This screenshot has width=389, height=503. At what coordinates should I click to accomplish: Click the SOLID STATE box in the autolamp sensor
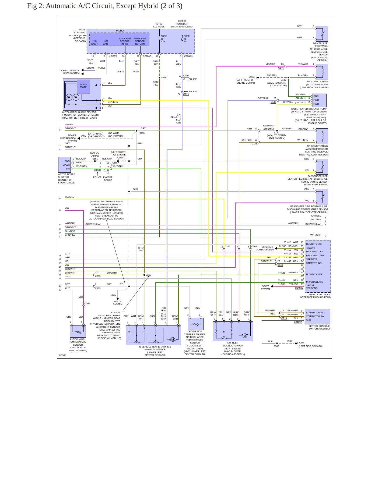pyautogui.click(x=83, y=87)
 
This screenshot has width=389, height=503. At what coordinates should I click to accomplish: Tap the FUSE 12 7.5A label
pyautogui.click(x=164, y=39)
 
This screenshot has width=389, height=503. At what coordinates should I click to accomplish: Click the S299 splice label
pyautogui.click(x=164, y=77)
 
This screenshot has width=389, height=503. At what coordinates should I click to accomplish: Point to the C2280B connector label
pyautogui.click(x=113, y=56)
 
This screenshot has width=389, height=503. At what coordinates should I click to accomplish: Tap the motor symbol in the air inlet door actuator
pyautogui.click(x=244, y=335)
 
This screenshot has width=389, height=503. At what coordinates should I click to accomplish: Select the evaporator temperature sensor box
pyautogui.click(x=78, y=331)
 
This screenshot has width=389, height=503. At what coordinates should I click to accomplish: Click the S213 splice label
pyautogui.click(x=148, y=275)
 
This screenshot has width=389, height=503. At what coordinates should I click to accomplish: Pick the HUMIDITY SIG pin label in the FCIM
pyautogui.click(x=314, y=244)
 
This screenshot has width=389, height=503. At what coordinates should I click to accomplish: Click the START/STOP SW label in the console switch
pyautogui.click(x=315, y=316)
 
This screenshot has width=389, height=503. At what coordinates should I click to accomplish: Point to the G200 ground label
pyautogui.click(x=302, y=343)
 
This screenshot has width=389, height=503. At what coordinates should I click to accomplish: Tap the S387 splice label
pyautogui.click(x=276, y=346)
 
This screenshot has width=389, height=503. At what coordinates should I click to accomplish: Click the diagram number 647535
pyautogui.click(x=62, y=355)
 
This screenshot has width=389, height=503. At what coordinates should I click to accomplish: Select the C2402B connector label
pyautogui.click(x=299, y=288)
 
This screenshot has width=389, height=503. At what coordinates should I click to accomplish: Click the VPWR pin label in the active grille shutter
pyautogui.click(x=66, y=165)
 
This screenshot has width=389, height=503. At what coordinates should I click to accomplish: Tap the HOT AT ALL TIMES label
pyautogui.click(x=159, y=25)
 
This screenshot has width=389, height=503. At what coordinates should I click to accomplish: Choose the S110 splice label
pyautogui.click(x=142, y=133)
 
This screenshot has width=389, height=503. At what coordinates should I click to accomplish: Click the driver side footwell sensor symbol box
pyautogui.click(x=322, y=34)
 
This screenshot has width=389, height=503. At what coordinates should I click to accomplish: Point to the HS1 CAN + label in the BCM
pyautogui.click(x=94, y=42)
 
